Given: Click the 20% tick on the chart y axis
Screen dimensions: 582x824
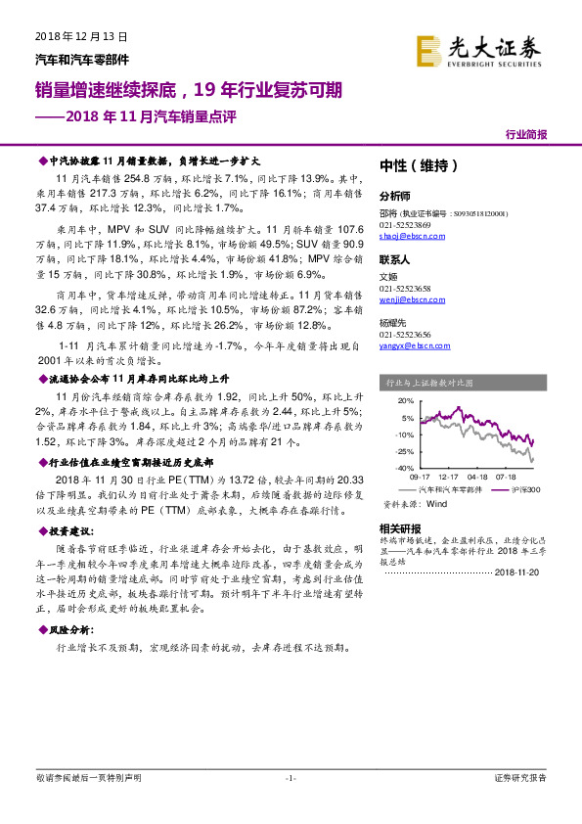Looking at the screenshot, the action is [404, 402].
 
